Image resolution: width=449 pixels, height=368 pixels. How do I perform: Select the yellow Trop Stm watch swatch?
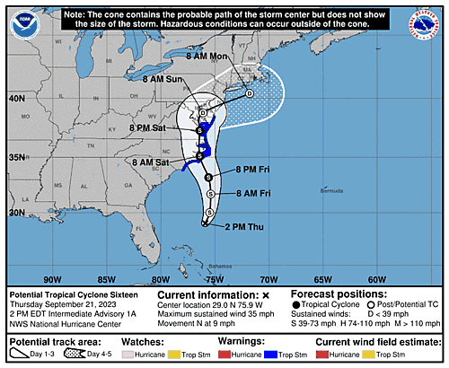click(x=190, y=355)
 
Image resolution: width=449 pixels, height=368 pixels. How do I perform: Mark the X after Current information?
click(x=266, y=294)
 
